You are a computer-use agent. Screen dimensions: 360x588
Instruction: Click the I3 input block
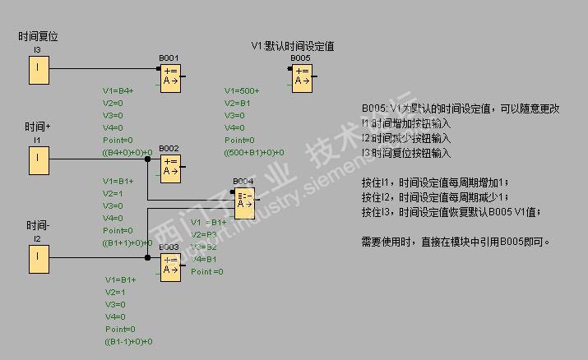(x=39, y=72)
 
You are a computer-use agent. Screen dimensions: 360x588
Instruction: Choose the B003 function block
(x=170, y=265)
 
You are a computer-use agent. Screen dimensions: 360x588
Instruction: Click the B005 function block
(x=302, y=75)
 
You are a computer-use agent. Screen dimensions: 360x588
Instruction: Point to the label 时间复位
(x=39, y=37)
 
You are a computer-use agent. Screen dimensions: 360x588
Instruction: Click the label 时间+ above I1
(x=38, y=127)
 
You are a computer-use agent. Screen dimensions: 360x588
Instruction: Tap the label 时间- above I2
(x=38, y=225)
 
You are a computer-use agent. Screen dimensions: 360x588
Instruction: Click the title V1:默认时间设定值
(x=293, y=46)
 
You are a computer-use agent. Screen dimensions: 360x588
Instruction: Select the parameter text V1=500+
(x=242, y=90)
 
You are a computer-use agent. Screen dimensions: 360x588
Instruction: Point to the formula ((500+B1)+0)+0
(x=254, y=152)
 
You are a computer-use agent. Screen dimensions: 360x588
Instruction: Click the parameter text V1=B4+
(x=118, y=90)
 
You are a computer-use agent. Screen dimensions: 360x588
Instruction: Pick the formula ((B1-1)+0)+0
(x=127, y=341)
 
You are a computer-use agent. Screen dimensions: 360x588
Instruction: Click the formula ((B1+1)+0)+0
(x=127, y=242)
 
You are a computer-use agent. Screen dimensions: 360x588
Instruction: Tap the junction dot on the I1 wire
(x=147, y=160)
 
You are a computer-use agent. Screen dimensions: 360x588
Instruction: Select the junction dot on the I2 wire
(x=147, y=259)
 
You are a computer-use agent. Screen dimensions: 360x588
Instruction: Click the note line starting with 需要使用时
(x=455, y=242)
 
